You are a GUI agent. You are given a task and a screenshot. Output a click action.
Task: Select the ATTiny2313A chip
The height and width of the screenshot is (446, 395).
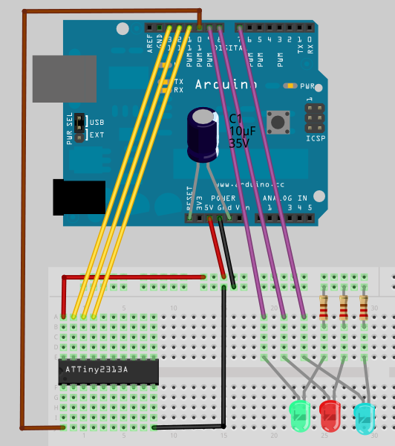point(108,369)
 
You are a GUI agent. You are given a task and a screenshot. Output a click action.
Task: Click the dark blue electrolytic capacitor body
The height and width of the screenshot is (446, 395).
point(203,134)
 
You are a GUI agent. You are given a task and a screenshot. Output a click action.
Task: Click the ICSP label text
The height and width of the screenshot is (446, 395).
point(316,139)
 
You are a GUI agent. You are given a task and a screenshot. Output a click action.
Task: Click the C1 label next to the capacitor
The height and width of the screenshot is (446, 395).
point(235,118)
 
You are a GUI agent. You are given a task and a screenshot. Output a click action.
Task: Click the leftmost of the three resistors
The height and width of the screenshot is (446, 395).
point(323,307)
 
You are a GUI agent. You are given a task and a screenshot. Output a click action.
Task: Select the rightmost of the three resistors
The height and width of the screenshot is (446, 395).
point(363,307)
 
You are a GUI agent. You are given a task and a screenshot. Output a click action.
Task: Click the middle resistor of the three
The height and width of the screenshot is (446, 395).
point(343,307)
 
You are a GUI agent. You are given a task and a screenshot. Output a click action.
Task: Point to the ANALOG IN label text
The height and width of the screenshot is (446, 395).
point(286,198)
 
